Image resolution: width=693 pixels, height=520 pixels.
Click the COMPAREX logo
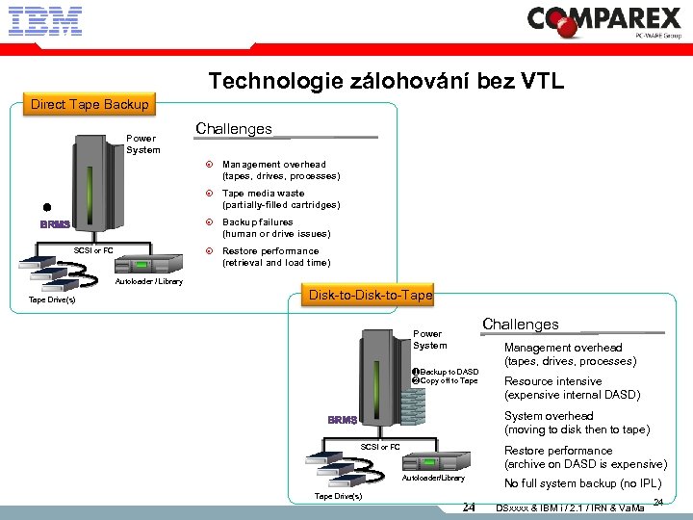click(x=604, y=20)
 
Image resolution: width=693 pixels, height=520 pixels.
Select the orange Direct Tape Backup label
click(x=90, y=104)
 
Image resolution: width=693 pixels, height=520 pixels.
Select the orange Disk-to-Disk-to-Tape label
click(x=369, y=295)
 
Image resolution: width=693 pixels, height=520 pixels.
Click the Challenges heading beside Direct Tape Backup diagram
click(x=234, y=128)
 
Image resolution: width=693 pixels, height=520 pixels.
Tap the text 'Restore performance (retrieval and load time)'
click(x=275, y=256)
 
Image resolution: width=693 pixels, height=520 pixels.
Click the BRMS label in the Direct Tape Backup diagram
click(x=56, y=224)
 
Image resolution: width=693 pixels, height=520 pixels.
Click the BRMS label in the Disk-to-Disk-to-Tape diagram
click(x=342, y=420)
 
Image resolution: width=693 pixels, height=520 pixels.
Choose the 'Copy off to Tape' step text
click(x=448, y=381)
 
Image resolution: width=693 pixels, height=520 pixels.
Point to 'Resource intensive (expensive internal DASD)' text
click(x=572, y=388)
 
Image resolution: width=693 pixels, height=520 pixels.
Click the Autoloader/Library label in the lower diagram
click(x=433, y=478)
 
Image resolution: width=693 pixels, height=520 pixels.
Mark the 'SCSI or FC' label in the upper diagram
click(x=94, y=250)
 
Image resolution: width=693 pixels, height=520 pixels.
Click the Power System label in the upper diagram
click(x=142, y=143)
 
